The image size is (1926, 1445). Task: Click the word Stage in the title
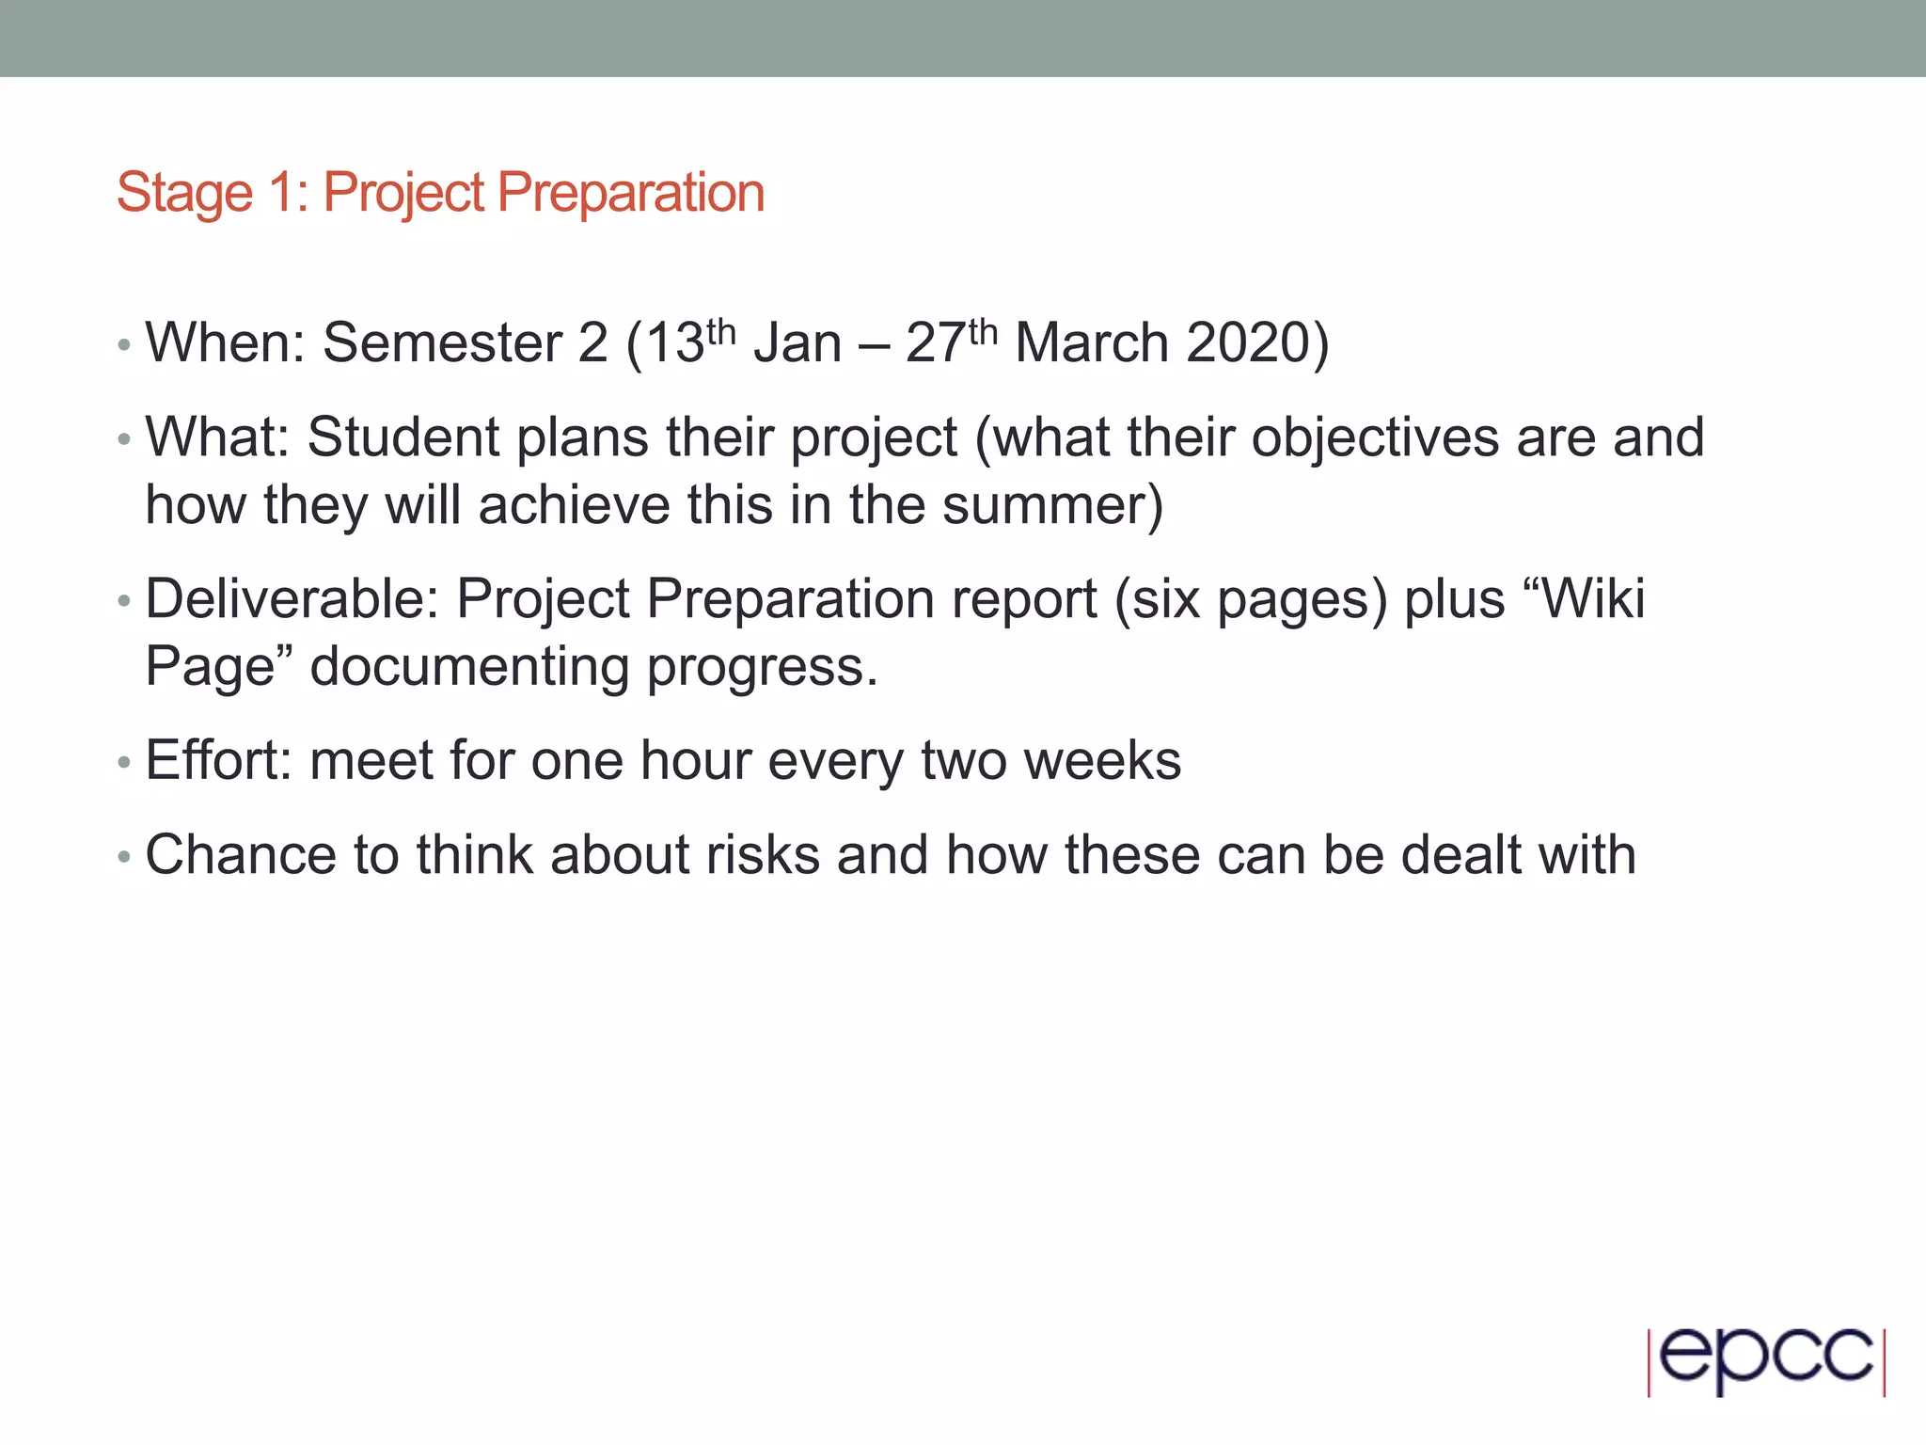click(184, 194)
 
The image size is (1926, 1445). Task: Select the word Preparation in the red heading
click(630, 194)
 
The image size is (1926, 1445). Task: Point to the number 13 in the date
click(676, 342)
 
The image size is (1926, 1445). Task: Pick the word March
click(1092, 342)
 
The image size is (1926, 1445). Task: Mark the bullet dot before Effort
click(123, 763)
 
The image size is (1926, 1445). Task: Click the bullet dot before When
click(123, 345)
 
